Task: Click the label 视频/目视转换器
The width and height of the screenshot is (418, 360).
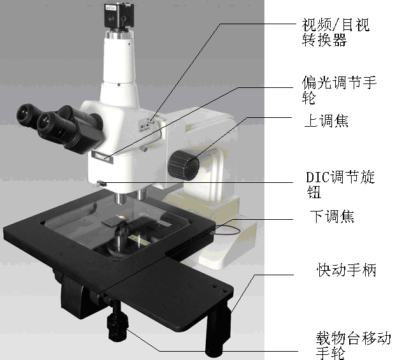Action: [x=335, y=32]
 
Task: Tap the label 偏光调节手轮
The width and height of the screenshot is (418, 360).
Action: [x=339, y=90]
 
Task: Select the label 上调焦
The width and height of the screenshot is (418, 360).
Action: [x=326, y=121]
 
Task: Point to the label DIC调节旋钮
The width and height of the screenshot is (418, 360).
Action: [x=340, y=184]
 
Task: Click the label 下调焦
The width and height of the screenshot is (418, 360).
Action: [x=332, y=216]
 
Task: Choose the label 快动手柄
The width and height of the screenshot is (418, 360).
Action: [x=347, y=270]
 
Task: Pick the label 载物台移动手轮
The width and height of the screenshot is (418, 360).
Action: [x=353, y=345]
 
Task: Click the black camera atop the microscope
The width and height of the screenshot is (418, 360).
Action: [x=119, y=15]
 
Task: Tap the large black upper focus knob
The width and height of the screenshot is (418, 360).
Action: [x=184, y=165]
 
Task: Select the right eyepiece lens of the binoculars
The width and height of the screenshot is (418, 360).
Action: [x=46, y=122]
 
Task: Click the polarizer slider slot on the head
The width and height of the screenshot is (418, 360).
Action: [x=103, y=157]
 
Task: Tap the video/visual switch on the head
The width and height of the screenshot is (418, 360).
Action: [x=151, y=121]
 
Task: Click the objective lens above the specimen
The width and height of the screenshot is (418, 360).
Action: [x=120, y=198]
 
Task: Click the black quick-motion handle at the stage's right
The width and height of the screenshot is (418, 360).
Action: [x=218, y=329]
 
